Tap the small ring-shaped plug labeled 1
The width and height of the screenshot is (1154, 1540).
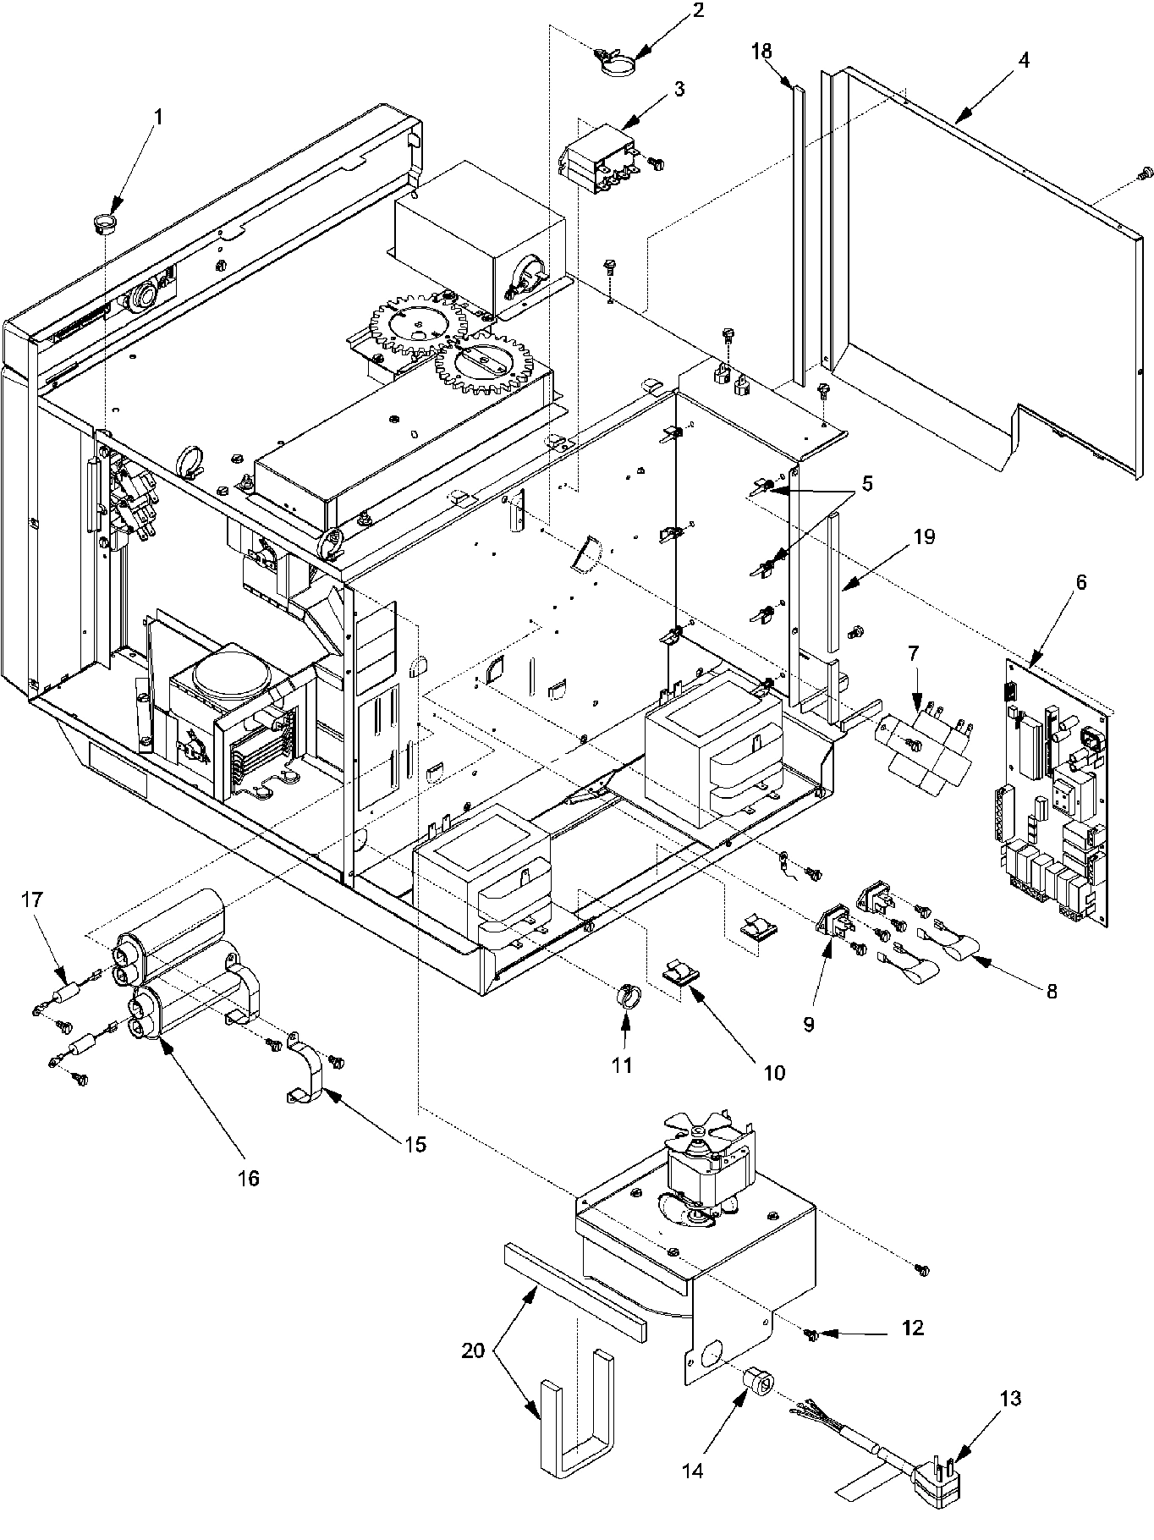pyautogui.click(x=104, y=224)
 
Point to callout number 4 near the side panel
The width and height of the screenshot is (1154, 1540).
pyautogui.click(x=1023, y=62)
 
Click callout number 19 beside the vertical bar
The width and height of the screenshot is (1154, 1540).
pyautogui.click(x=924, y=536)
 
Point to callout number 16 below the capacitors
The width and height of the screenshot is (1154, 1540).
pyautogui.click(x=249, y=1177)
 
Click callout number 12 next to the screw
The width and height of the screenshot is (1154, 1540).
pyautogui.click(x=912, y=1328)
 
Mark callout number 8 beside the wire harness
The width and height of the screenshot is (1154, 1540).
pyautogui.click(x=1052, y=992)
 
